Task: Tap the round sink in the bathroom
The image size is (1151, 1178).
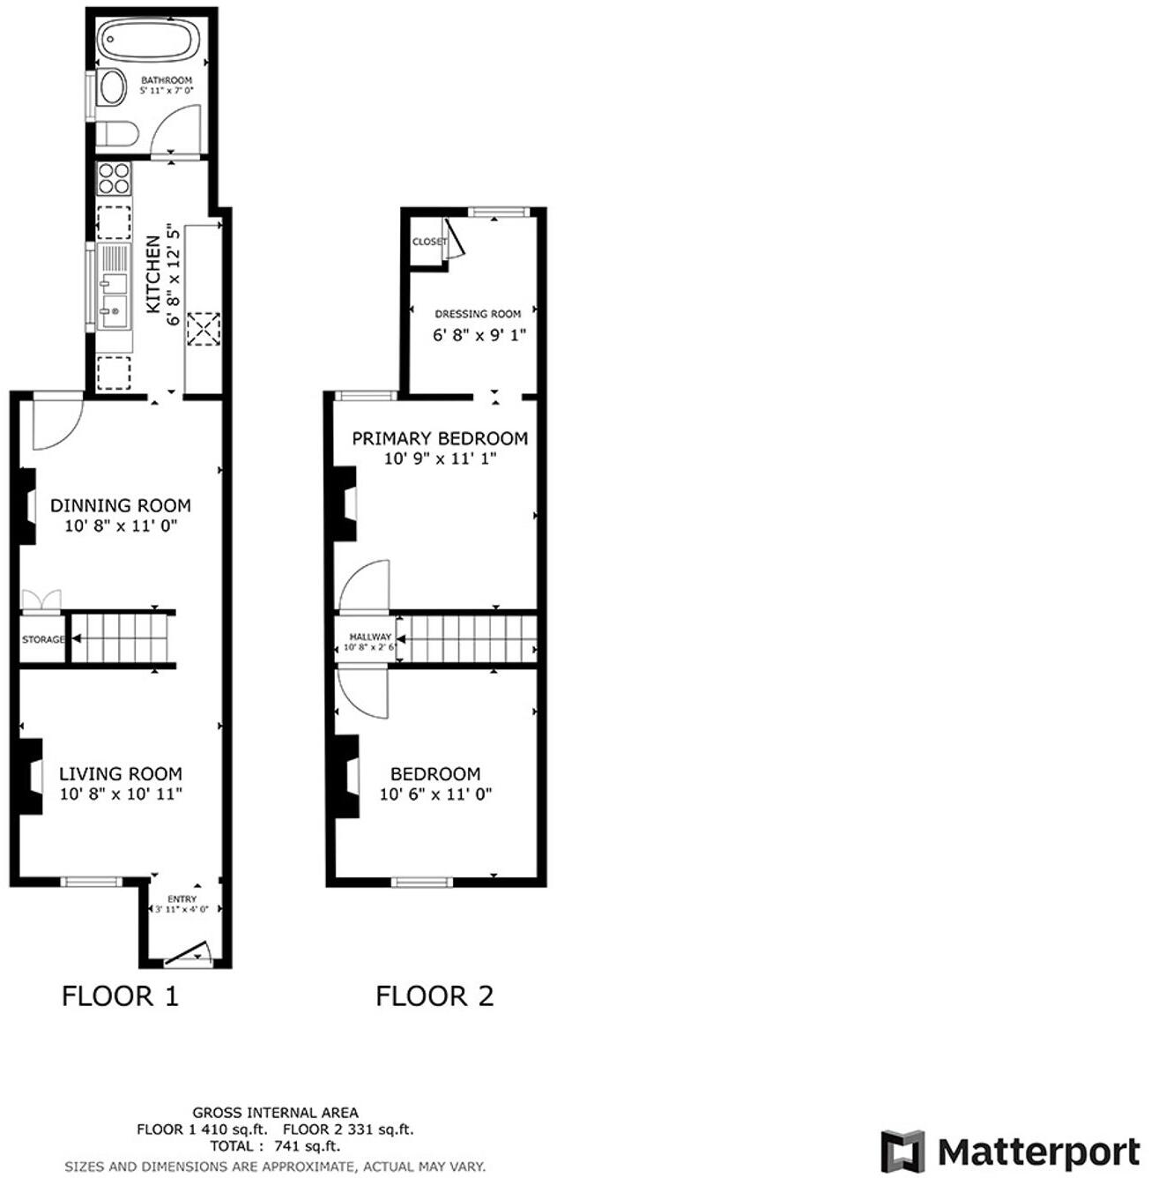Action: (x=112, y=88)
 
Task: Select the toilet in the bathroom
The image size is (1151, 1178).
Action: (x=116, y=134)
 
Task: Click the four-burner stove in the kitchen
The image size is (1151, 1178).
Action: (x=114, y=179)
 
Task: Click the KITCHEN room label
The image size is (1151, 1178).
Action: (x=153, y=274)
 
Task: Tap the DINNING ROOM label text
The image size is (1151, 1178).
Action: (x=120, y=505)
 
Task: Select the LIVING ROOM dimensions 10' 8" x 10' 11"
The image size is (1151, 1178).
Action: (x=121, y=794)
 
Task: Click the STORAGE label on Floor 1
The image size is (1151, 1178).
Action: (x=43, y=639)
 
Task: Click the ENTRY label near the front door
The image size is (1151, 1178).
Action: (x=182, y=898)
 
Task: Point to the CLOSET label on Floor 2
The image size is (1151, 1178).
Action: (x=429, y=242)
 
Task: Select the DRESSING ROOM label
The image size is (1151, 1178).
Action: (x=478, y=314)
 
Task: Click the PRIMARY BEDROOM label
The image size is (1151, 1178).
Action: (x=440, y=438)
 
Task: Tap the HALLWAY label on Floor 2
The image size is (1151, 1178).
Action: (x=370, y=637)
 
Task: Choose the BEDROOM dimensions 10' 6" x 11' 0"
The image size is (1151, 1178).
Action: (x=435, y=794)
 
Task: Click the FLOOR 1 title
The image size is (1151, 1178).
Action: (x=120, y=996)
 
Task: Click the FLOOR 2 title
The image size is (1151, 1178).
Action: (x=434, y=996)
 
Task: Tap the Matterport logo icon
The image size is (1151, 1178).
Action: (x=902, y=1152)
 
